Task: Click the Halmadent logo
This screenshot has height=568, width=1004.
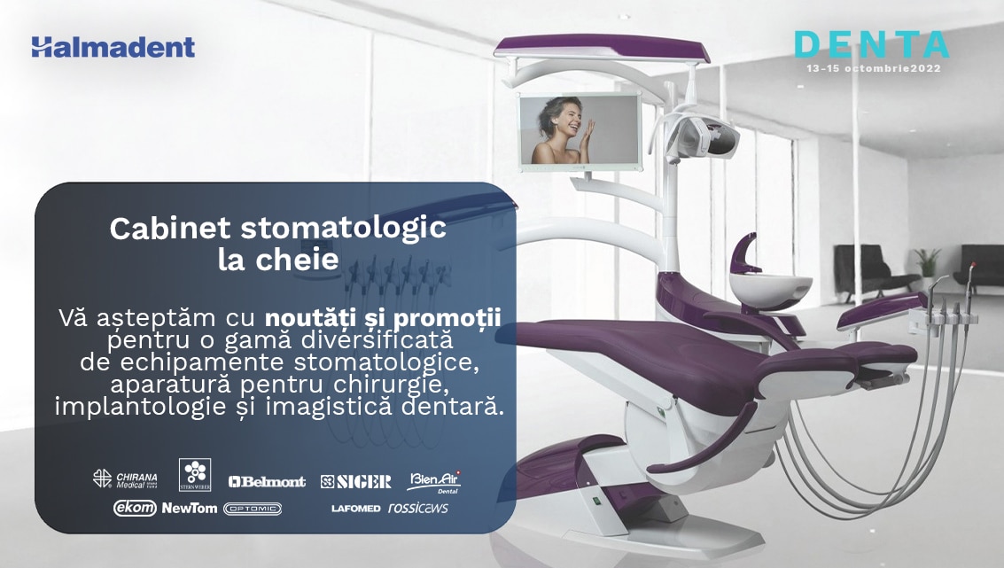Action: [113, 47]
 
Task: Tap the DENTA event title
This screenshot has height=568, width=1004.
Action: [871, 45]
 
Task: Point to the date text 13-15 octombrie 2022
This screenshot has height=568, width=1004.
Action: [874, 68]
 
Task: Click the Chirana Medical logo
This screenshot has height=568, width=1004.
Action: [125, 479]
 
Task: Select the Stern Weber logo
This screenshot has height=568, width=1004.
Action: [195, 475]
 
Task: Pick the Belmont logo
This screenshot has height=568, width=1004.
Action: [267, 481]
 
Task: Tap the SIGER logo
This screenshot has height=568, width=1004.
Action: [356, 481]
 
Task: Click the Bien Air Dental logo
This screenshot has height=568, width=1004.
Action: [435, 481]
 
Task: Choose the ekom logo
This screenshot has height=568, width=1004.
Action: [135, 508]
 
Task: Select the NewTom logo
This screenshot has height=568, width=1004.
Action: [190, 508]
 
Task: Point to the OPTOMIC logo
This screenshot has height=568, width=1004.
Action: [253, 509]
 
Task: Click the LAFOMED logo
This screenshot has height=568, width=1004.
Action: [356, 509]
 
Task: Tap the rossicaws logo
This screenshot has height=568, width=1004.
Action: [418, 508]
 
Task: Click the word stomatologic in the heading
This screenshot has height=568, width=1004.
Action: [343, 229]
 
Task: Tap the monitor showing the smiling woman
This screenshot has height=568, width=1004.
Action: [580, 132]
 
